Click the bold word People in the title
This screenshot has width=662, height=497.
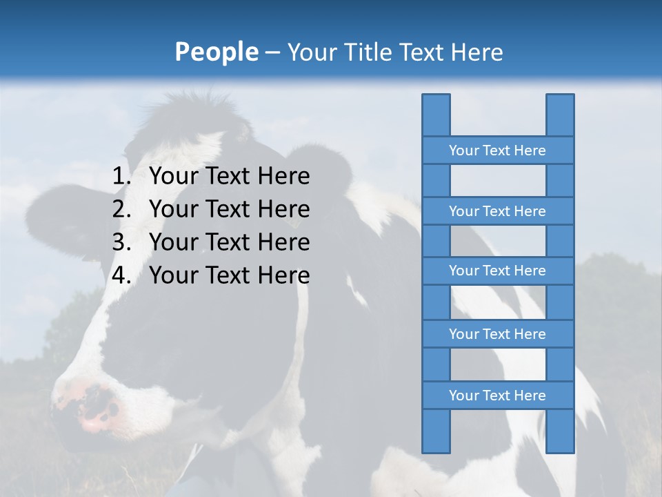(x=216, y=52)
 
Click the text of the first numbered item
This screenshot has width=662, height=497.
(x=229, y=177)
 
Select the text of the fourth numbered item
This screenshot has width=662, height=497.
(x=229, y=275)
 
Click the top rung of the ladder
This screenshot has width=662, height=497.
(x=497, y=150)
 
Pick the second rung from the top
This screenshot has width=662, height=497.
(x=497, y=211)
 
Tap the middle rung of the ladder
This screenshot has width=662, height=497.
(x=497, y=271)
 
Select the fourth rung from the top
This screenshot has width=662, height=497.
(x=497, y=334)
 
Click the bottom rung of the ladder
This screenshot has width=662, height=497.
(x=497, y=396)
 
